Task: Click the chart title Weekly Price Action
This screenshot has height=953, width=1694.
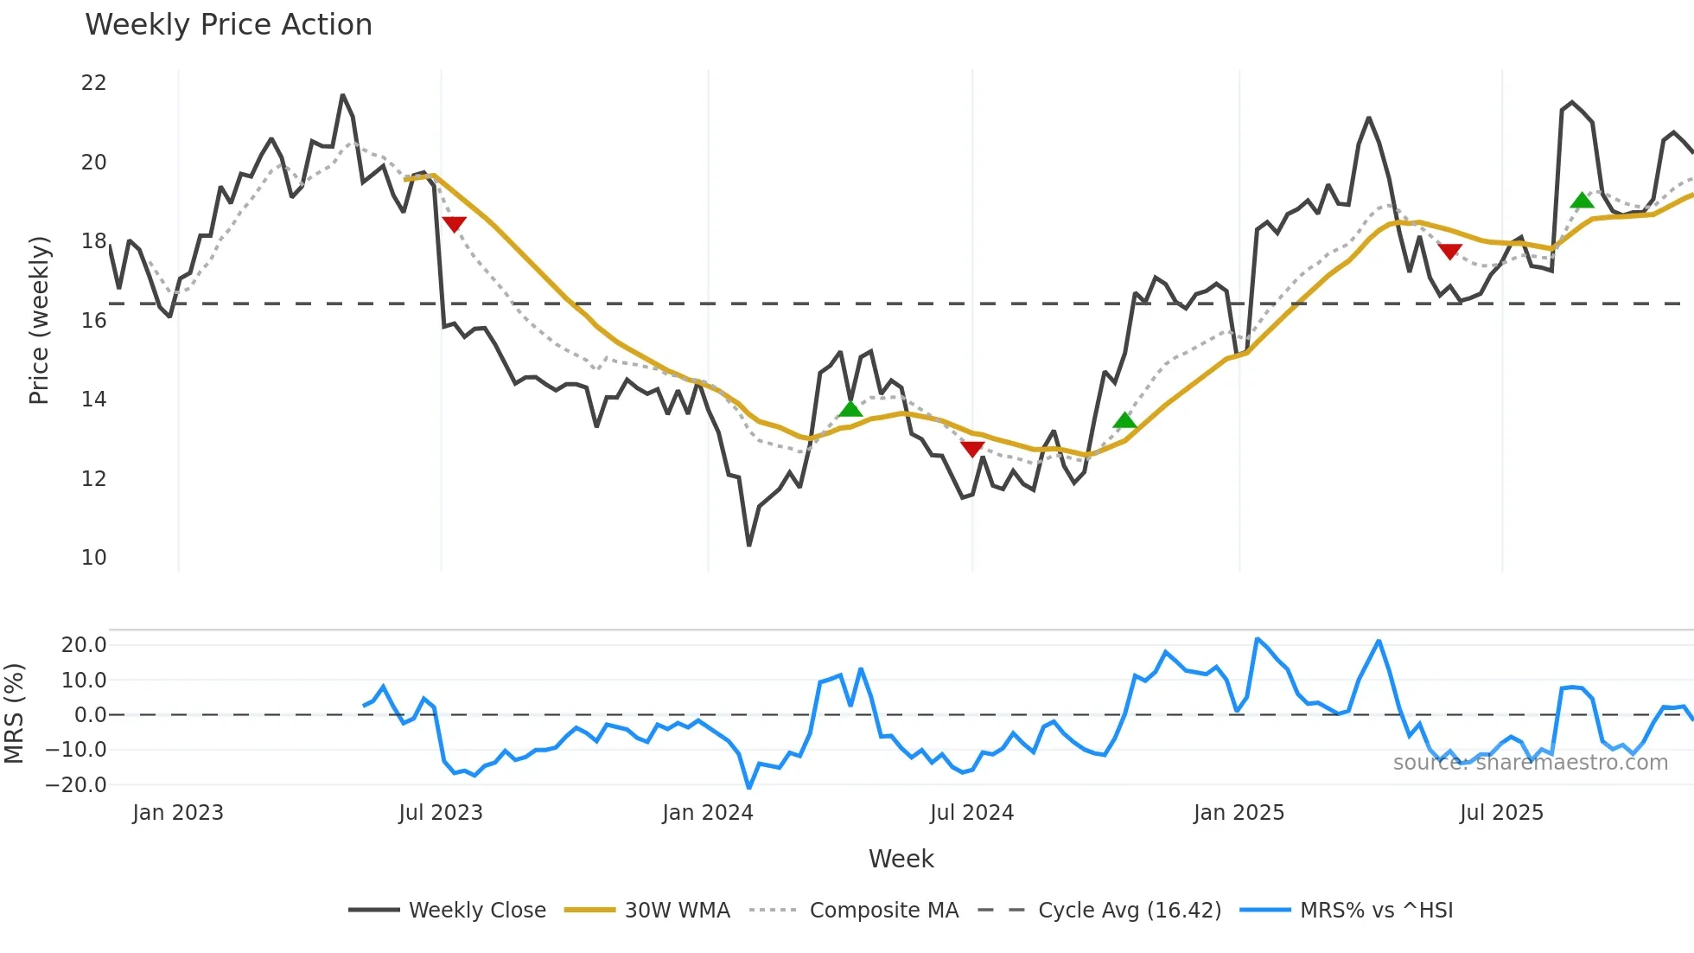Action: pyautogui.click(x=228, y=25)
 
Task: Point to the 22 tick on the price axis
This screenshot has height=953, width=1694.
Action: pyautogui.click(x=93, y=83)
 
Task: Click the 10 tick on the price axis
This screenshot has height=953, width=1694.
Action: pyautogui.click(x=93, y=558)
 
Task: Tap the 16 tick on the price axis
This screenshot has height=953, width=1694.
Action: pyautogui.click(x=93, y=321)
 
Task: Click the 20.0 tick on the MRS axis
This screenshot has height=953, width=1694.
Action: pyautogui.click(x=84, y=645)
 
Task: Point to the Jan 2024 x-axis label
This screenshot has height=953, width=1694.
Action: pyautogui.click(x=708, y=813)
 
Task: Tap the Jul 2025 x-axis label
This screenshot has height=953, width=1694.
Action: pyautogui.click(x=1501, y=813)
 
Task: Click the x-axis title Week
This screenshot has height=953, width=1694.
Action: pyautogui.click(x=901, y=859)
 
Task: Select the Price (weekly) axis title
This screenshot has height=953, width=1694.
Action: pyautogui.click(x=39, y=320)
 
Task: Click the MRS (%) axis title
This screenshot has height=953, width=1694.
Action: pyautogui.click(x=15, y=713)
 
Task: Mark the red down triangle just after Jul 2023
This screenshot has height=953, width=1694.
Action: pyautogui.click(x=454, y=224)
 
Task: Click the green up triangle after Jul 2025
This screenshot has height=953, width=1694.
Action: pyautogui.click(x=1582, y=201)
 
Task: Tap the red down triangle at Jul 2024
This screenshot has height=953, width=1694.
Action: pyautogui.click(x=972, y=449)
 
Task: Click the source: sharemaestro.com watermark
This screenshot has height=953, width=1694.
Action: pyautogui.click(x=1530, y=763)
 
